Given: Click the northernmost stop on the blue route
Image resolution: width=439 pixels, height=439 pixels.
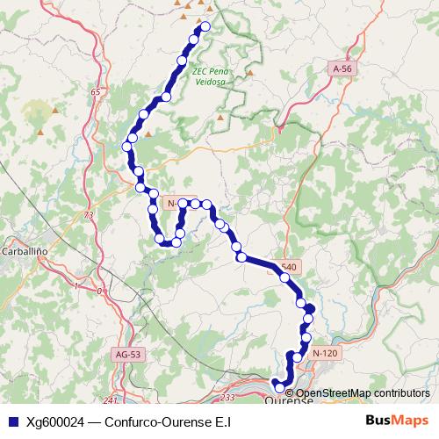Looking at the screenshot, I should [x=206, y=26].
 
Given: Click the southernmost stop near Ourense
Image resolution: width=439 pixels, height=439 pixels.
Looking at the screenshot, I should [x=280, y=387].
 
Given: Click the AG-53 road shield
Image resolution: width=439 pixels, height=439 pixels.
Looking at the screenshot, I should [x=128, y=354].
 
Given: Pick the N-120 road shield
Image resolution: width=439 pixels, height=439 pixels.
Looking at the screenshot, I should [x=323, y=352].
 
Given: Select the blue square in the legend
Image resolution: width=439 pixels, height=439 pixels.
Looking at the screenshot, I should [x=11, y=421].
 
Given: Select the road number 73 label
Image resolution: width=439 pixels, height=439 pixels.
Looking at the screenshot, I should [x=88, y=214].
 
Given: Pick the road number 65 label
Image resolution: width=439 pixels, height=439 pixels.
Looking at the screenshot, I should [x=96, y=92].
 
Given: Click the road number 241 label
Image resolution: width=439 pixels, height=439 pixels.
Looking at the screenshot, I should [x=109, y=400].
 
